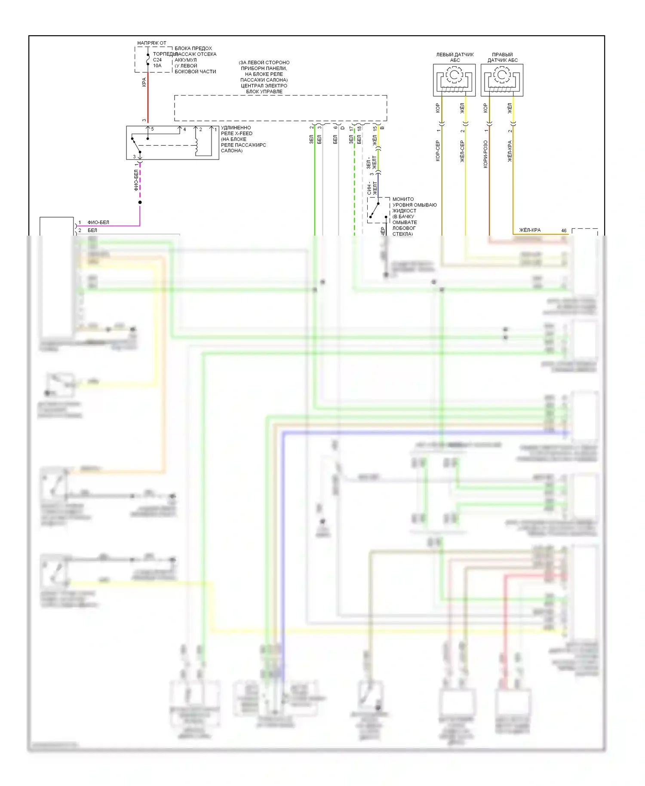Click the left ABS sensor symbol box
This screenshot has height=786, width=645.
coord(454,80)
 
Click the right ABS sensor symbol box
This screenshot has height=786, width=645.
coord(502,80)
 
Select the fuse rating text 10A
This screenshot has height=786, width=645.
coord(157,66)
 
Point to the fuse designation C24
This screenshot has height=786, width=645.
coord(157,60)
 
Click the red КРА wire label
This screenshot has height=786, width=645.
coord(144,82)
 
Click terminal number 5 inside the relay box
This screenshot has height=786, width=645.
coord(152,129)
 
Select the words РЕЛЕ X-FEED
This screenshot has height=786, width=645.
coord(236,133)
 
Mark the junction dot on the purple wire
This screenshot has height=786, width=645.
coord(140,202)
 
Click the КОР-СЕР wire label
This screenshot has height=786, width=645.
coord(438,150)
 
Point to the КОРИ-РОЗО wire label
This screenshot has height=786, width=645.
coord(485,154)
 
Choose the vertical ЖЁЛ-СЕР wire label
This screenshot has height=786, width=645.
coord(462,151)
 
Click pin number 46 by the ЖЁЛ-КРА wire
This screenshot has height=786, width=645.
coord(564,230)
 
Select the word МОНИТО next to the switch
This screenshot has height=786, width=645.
coord(403,199)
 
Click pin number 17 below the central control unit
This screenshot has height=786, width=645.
coord(351,129)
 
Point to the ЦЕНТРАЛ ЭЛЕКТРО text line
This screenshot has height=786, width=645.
coord(264,86)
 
